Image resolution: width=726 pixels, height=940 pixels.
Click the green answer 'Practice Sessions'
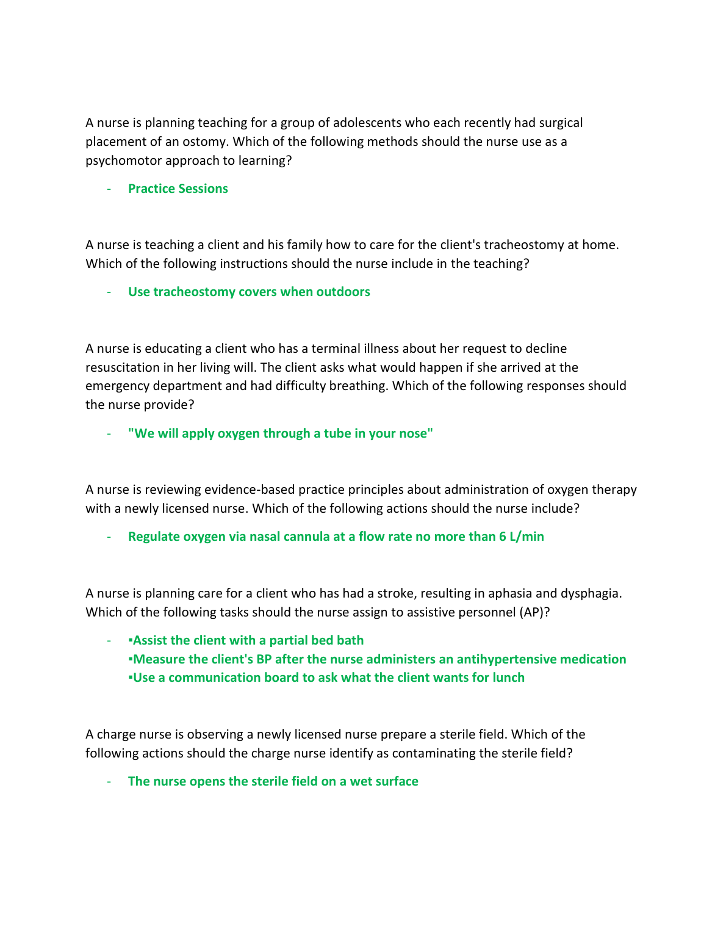178,189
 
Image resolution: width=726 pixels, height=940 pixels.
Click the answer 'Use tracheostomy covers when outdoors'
249,292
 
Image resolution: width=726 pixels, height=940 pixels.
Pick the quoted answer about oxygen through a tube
280,433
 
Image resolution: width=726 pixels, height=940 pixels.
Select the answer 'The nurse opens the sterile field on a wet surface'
273,781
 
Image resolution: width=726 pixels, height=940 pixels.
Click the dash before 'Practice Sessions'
109,189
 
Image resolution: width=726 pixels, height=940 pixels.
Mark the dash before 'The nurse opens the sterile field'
109,781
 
